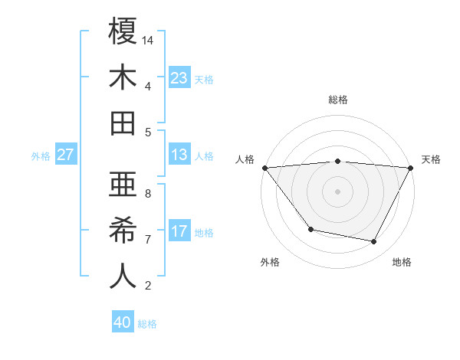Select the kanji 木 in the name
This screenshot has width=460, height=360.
(123, 77)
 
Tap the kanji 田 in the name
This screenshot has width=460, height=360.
(123, 123)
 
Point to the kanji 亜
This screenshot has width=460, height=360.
(123, 185)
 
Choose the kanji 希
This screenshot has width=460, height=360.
(123, 231)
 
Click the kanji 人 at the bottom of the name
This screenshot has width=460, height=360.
(123, 277)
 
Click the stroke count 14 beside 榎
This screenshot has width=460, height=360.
(148, 40)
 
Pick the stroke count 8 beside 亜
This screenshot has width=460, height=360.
(148, 194)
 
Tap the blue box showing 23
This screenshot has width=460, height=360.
(179, 77)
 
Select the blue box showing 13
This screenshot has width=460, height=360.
(179, 155)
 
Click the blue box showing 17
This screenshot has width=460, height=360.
(179, 231)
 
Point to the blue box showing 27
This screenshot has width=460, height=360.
(65, 155)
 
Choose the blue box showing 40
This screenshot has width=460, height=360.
(123, 322)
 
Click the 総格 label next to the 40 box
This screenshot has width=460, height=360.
(147, 324)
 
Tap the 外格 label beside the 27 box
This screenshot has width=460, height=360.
(41, 156)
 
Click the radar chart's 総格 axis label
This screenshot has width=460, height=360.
(337, 100)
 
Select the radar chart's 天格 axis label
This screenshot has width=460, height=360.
(431, 159)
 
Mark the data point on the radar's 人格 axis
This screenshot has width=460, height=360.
(264, 167)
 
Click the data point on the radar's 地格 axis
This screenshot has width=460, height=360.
(374, 242)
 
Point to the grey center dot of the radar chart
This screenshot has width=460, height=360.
(337, 191)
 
